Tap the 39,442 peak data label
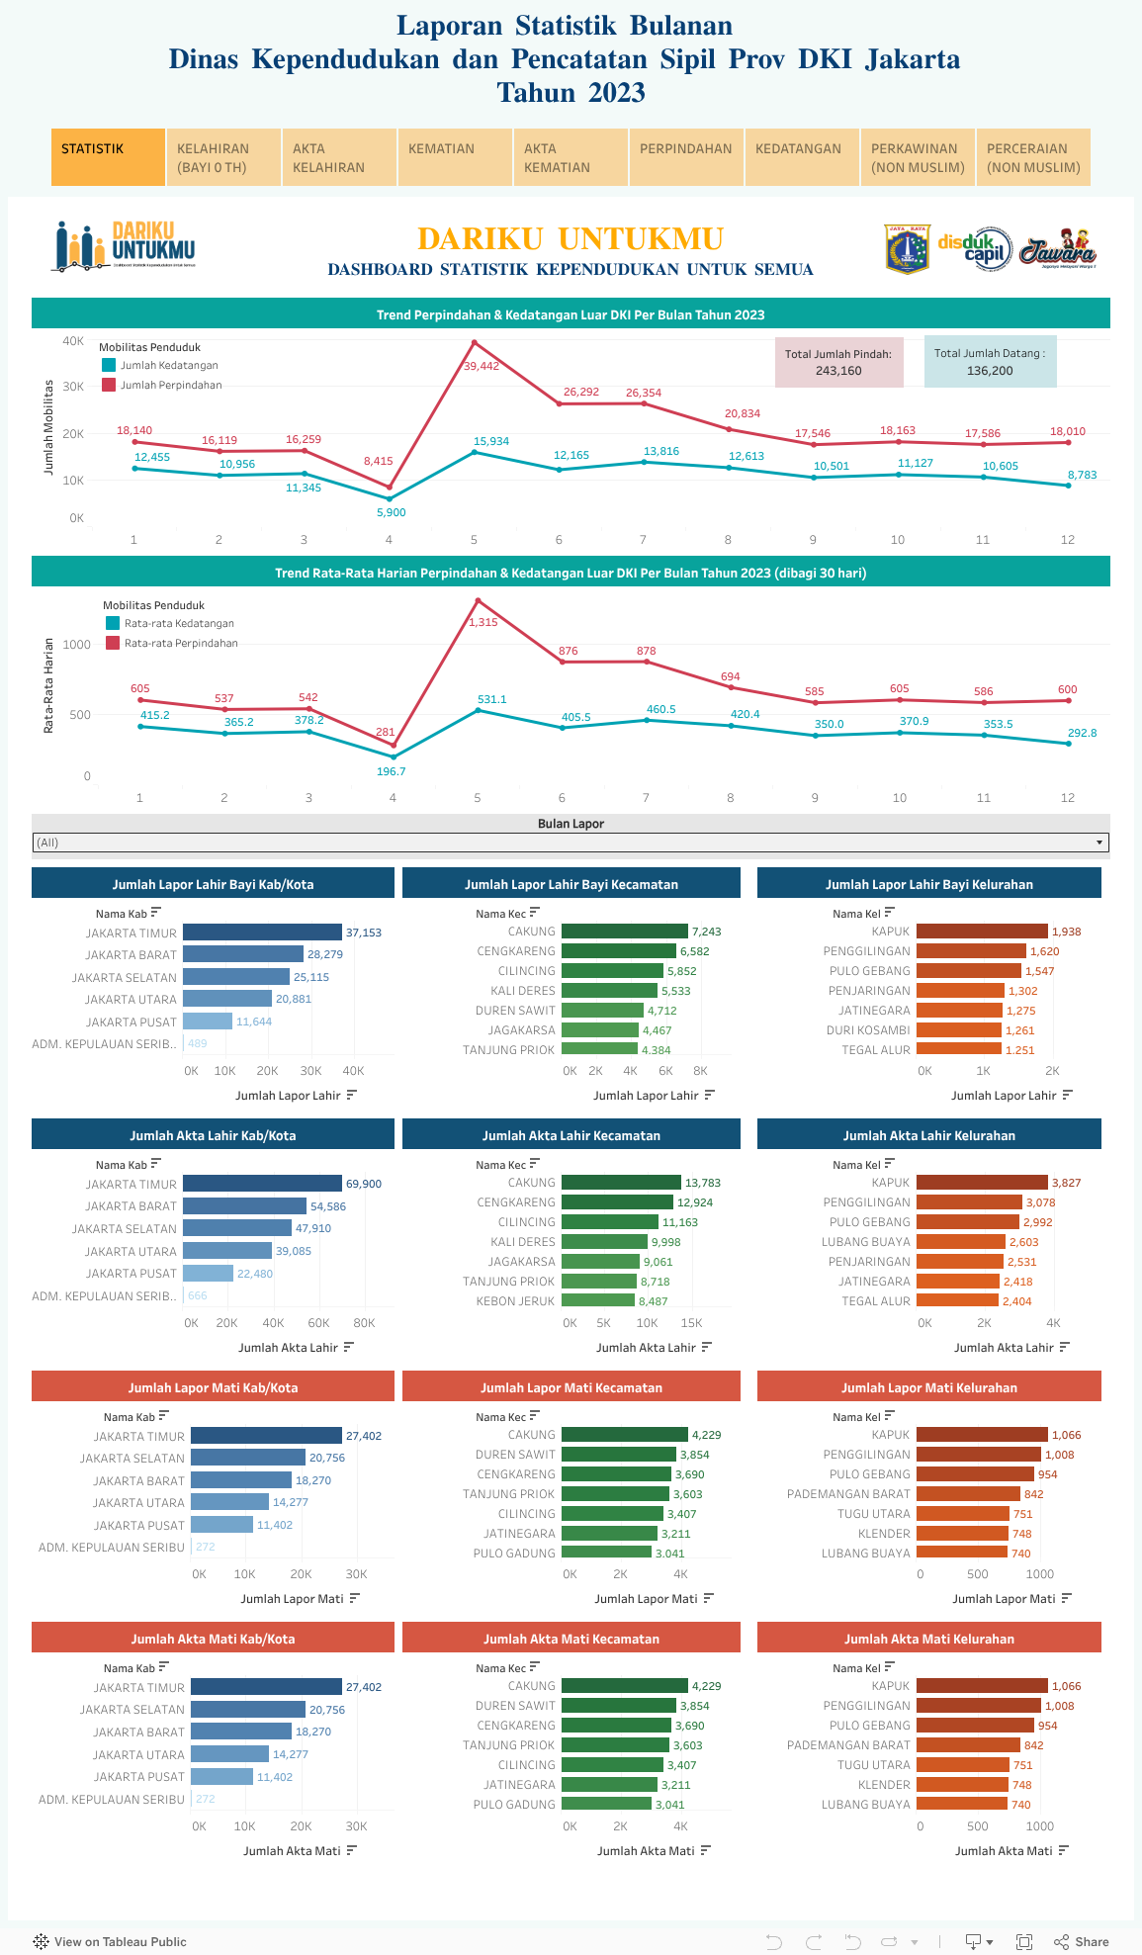pos(482,366)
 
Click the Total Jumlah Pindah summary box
pos(838,362)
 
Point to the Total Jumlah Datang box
pos(990,362)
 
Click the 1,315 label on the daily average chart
pos(483,622)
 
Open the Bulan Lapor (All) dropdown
pos(571,843)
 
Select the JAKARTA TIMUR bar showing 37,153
pos(262,933)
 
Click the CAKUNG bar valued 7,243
pos(624,932)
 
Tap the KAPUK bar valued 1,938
pos(982,932)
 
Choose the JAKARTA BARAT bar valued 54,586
pos(244,1206)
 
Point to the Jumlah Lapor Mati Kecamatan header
pos(571,1387)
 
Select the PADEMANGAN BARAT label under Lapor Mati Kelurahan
pos(848,1494)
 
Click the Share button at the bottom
pos(1082,1941)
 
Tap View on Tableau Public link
pos(110,1941)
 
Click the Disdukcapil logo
pos(974,248)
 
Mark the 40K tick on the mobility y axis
pos(73,341)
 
